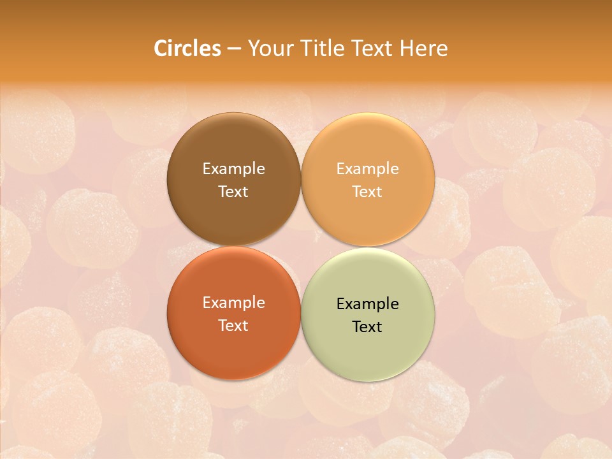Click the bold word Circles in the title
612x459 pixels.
pos(187,48)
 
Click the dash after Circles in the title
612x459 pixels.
pos(233,49)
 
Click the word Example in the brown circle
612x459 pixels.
pos(233,169)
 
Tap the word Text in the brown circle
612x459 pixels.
pos(233,192)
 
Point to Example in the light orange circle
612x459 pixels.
pos(368,169)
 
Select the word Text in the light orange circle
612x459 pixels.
pos(368,192)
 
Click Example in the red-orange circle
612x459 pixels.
pos(233,303)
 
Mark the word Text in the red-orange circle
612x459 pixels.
pos(233,326)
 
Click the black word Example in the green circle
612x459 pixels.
pos(368,304)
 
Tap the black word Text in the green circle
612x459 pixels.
pos(368,327)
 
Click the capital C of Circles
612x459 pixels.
pos(161,48)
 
